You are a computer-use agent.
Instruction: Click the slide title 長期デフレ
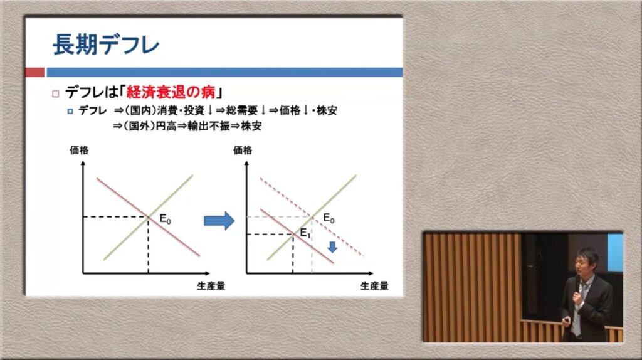tap(105, 45)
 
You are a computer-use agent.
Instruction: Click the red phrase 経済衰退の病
tap(171, 93)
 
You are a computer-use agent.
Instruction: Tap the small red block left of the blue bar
tap(35, 73)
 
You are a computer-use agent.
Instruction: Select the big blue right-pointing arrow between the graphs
tap(219, 221)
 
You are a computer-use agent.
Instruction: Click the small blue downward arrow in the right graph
tap(332, 246)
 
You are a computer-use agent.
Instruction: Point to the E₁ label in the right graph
tap(305, 233)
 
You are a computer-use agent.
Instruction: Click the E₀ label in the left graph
tap(165, 219)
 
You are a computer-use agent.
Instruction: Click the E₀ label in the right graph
tap(329, 218)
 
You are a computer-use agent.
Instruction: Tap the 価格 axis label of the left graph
tap(79, 151)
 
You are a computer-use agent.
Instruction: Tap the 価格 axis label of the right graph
tap(243, 151)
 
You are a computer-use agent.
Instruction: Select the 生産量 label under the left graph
tap(211, 286)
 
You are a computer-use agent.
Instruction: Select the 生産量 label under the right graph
tap(374, 286)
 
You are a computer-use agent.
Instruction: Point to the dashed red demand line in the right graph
tap(312, 217)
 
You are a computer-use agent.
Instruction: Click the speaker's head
tap(586, 262)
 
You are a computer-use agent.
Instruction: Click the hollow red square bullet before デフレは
tap(56, 94)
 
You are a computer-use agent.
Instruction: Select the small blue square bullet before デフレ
tap(70, 111)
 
